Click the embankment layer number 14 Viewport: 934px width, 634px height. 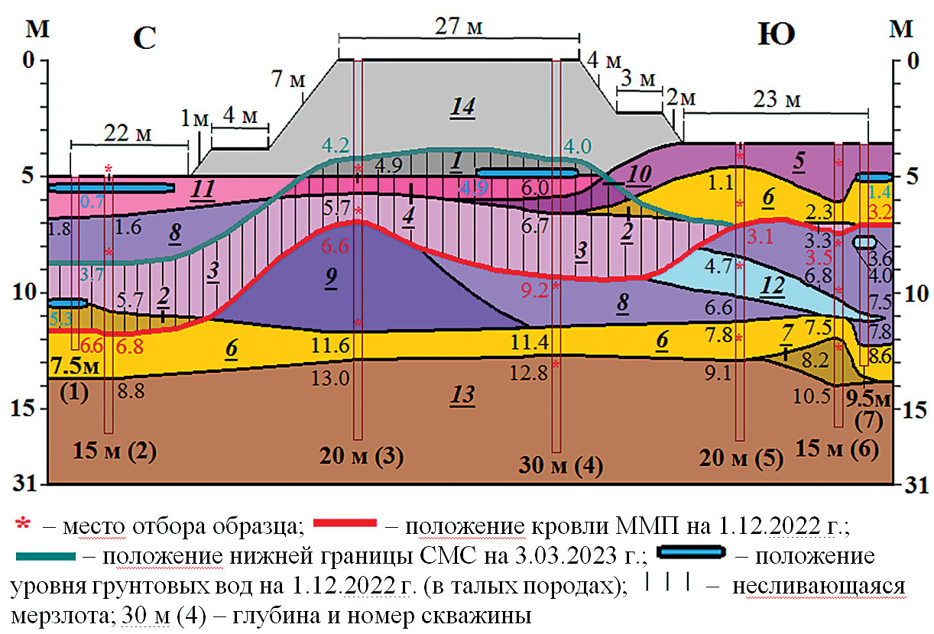(x=462, y=107)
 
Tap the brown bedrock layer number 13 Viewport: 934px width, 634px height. (x=462, y=395)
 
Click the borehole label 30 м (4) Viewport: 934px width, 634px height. (x=560, y=465)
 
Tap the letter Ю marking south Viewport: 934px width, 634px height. (x=775, y=34)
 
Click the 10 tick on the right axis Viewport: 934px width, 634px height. (x=913, y=293)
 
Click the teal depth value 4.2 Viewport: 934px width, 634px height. (x=336, y=144)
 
